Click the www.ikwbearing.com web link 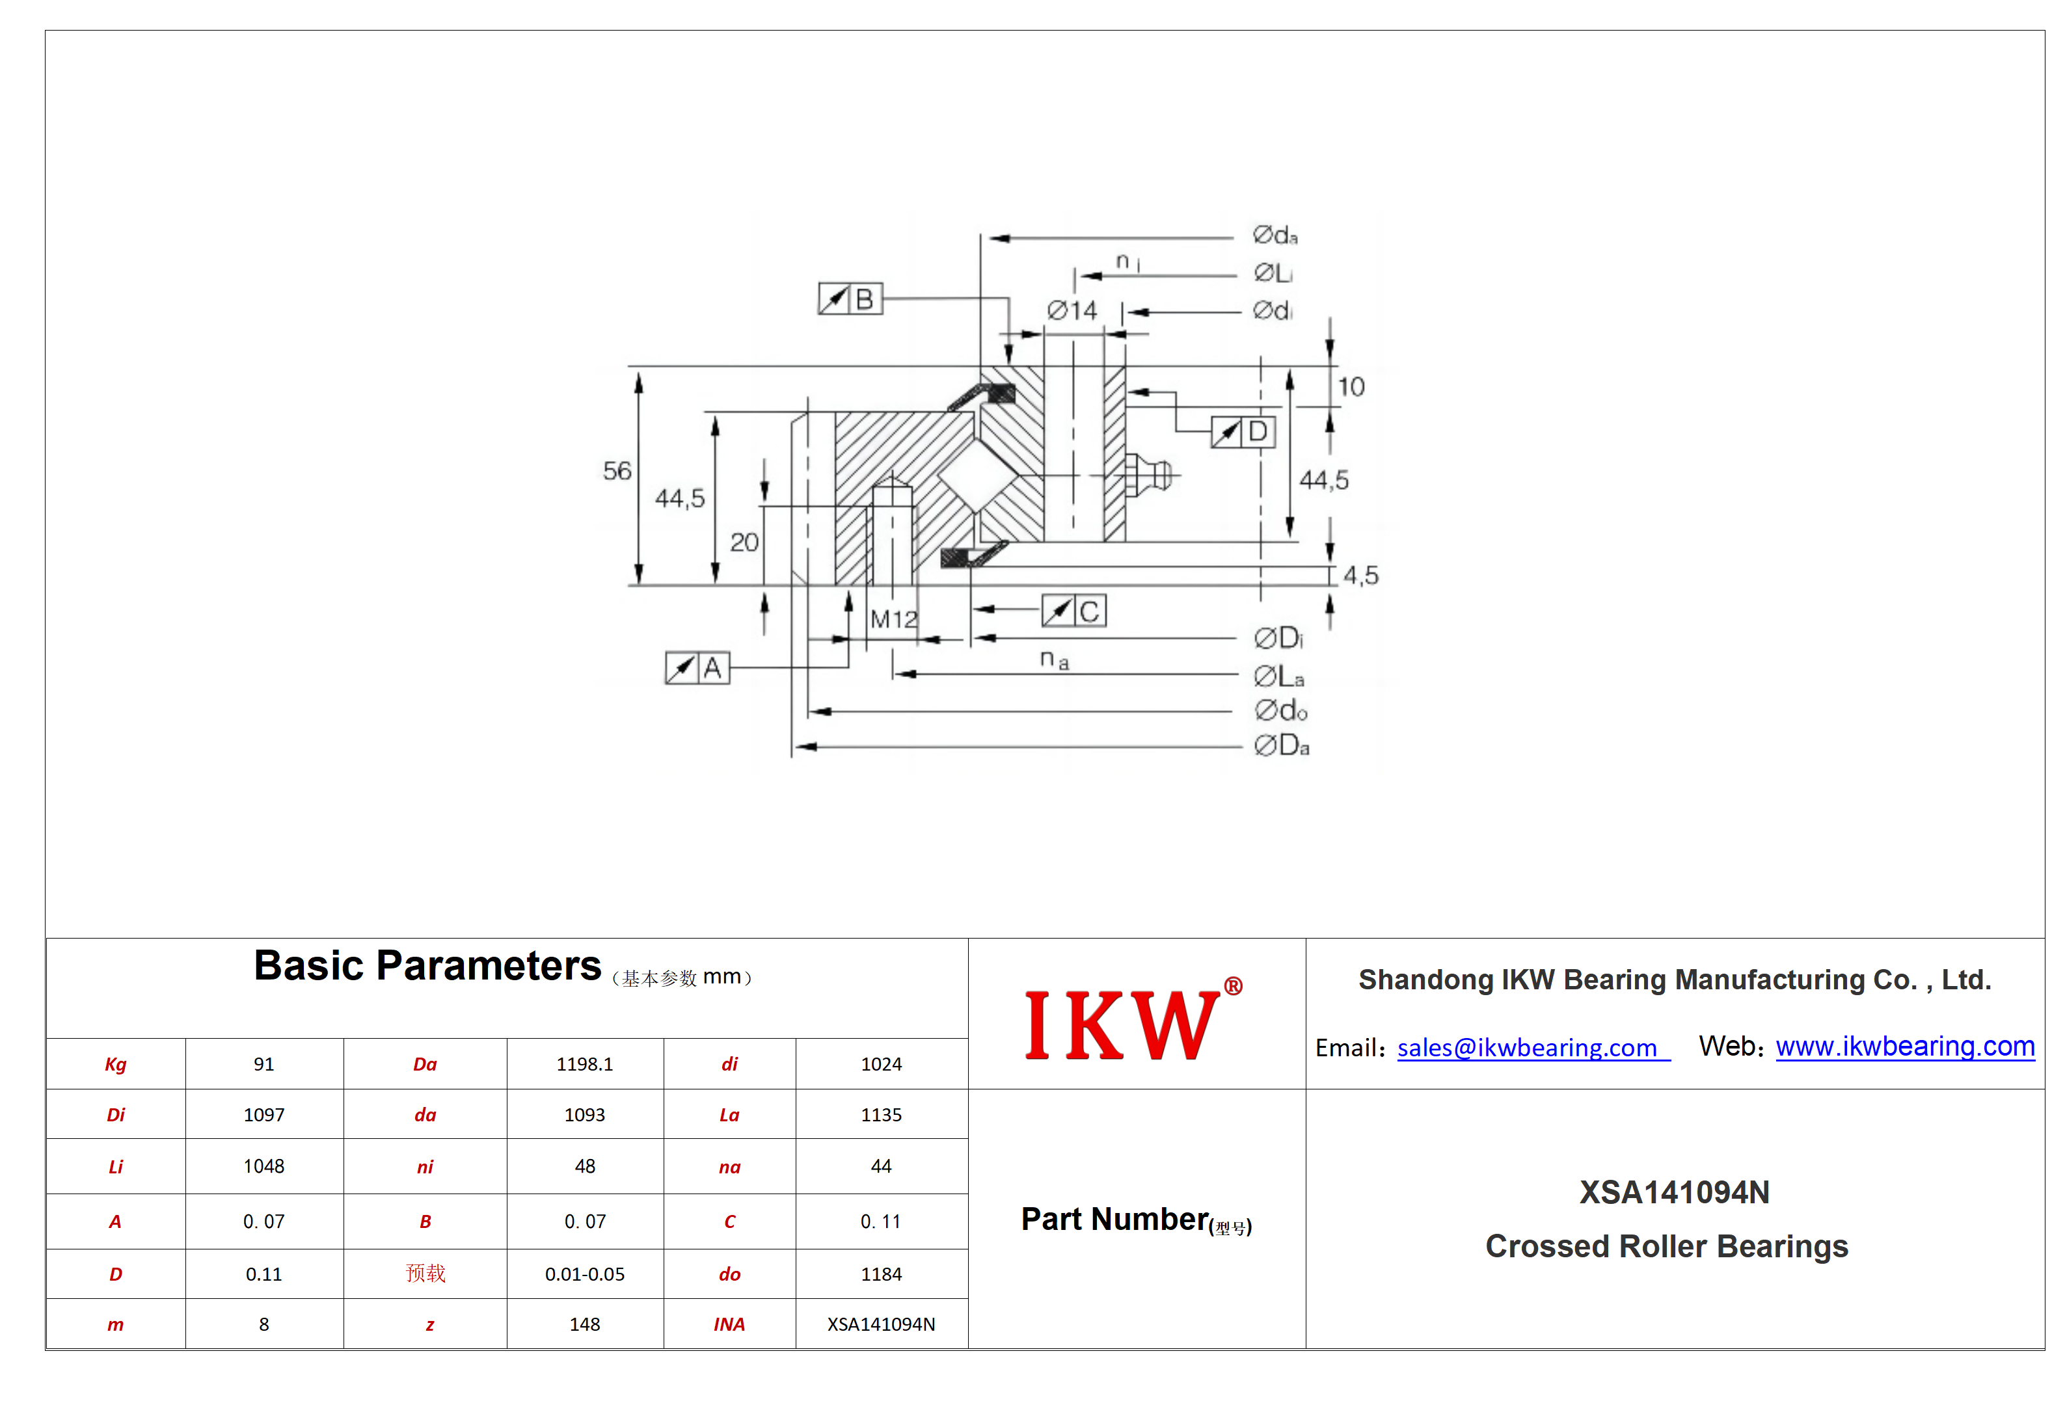[1905, 1047]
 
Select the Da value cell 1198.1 [585, 1064]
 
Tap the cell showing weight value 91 [264, 1064]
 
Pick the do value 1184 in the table [882, 1274]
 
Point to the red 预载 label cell [425, 1274]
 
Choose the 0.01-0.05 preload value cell [585, 1274]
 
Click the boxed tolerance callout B [850, 299]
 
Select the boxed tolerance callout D [1243, 432]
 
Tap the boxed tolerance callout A [697, 667]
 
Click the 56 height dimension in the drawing [617, 471]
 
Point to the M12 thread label [893, 619]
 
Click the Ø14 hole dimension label [1072, 310]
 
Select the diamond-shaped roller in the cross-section [977, 476]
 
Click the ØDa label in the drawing [1281, 745]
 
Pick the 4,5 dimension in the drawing [1360, 576]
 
